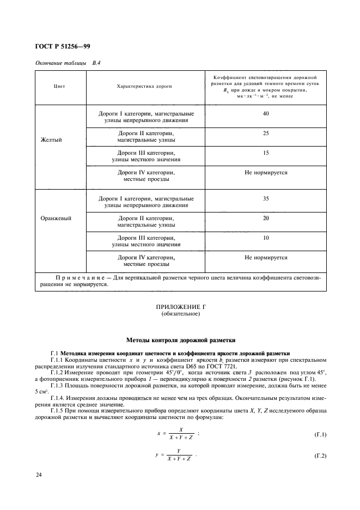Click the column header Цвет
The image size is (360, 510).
(60, 86)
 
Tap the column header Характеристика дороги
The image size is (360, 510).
(145, 86)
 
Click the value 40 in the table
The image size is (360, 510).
(265, 114)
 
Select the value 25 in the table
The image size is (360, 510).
(265, 133)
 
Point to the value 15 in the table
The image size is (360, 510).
(265, 153)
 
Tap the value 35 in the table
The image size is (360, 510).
(265, 198)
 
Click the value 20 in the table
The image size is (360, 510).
(265, 218)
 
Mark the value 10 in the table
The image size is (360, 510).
(265, 238)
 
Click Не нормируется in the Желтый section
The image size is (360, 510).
(266, 173)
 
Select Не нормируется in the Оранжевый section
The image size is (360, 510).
(266, 257)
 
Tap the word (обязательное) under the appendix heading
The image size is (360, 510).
(180, 315)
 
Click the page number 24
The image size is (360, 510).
(39, 476)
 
